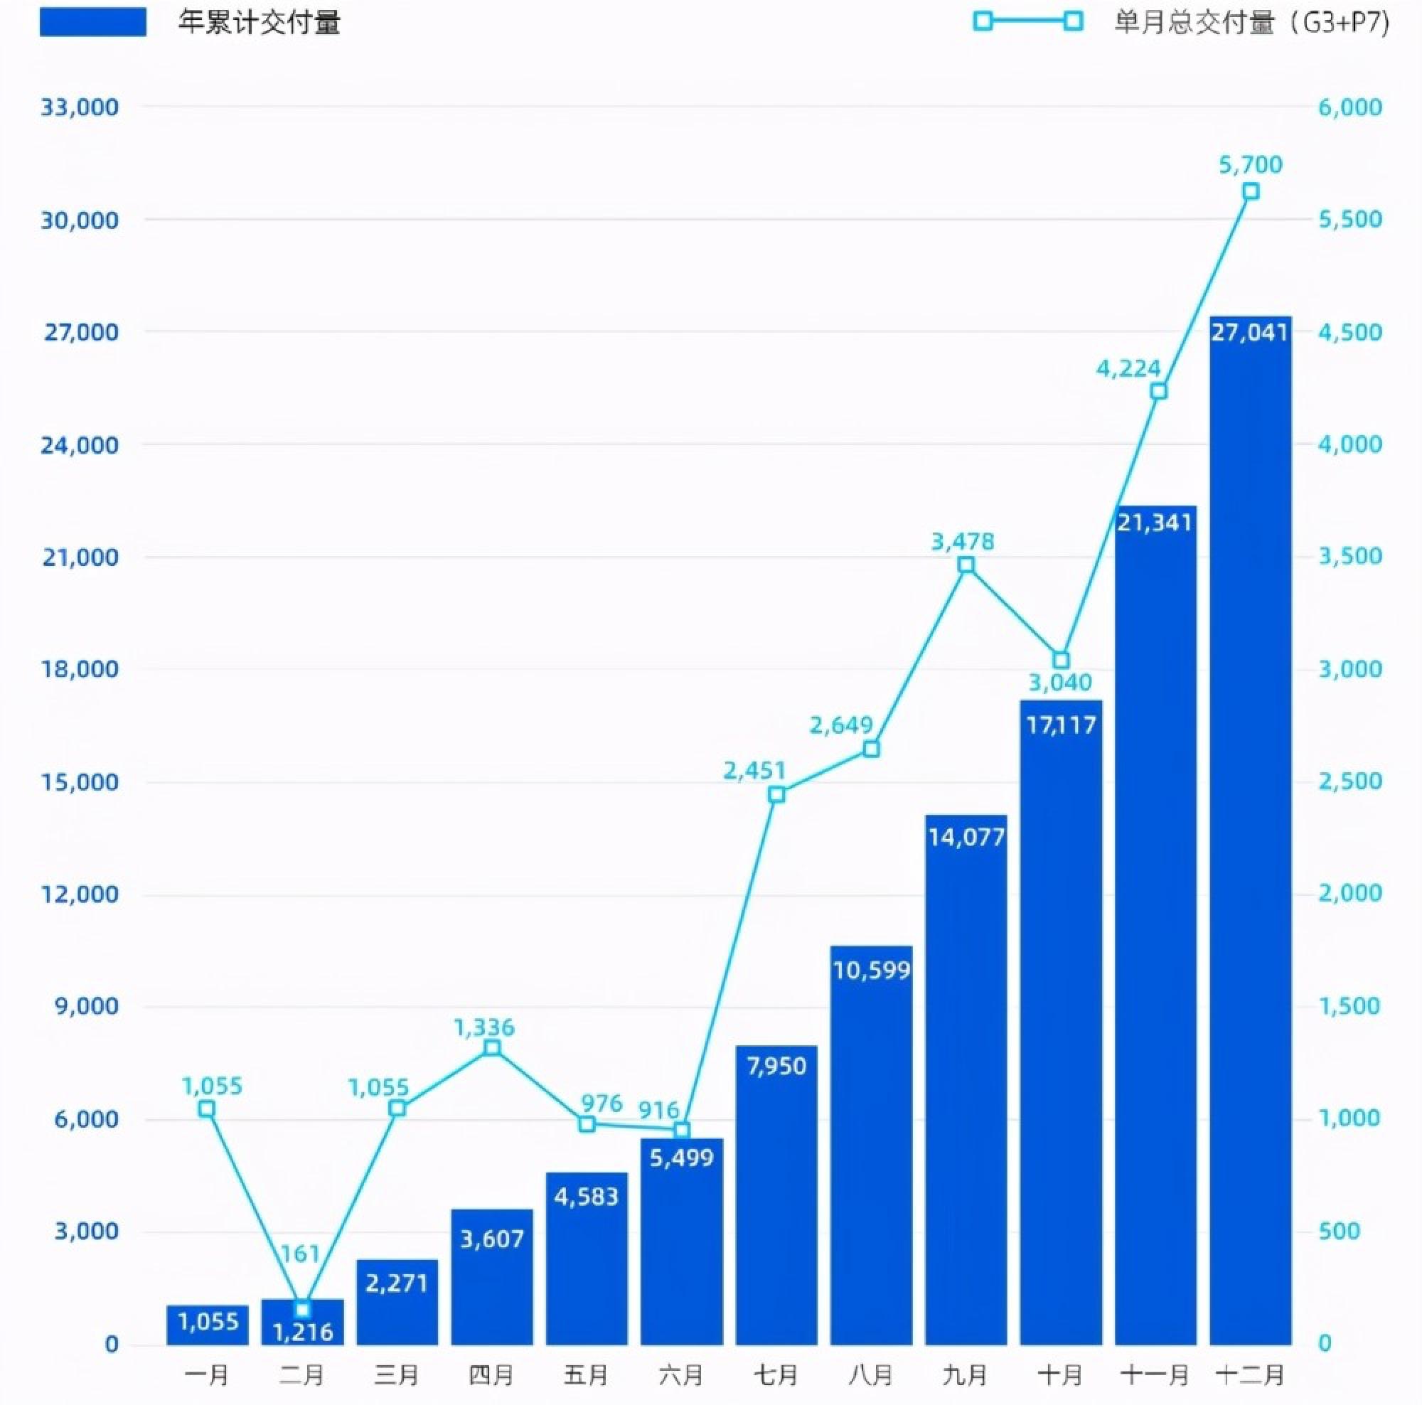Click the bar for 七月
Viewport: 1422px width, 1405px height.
click(776, 1196)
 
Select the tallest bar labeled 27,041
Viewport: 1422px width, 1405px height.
click(1250, 832)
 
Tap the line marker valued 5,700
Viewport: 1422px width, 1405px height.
click(1250, 191)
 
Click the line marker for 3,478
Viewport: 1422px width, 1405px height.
click(966, 565)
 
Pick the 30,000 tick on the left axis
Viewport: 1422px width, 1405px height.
click(79, 219)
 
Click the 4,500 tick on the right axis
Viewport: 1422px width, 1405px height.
click(1350, 332)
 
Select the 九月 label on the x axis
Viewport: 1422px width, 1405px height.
click(965, 1374)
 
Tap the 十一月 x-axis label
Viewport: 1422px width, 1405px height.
click(1155, 1374)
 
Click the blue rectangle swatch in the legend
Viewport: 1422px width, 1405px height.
click(92, 22)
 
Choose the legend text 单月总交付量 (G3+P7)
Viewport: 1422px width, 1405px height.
click(1252, 22)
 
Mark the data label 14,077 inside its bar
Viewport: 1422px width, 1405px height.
click(966, 837)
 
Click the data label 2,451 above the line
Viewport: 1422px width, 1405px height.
click(754, 771)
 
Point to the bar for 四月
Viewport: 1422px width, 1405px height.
click(492, 1277)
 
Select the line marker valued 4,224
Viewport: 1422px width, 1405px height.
click(1158, 391)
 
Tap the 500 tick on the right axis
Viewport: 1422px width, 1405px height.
click(1339, 1231)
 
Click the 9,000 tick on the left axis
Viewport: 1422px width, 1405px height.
click(86, 1005)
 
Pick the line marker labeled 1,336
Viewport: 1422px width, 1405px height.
click(493, 1047)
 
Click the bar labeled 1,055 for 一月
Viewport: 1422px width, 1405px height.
click(208, 1325)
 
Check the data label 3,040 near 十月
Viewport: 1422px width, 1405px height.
click(1060, 683)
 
